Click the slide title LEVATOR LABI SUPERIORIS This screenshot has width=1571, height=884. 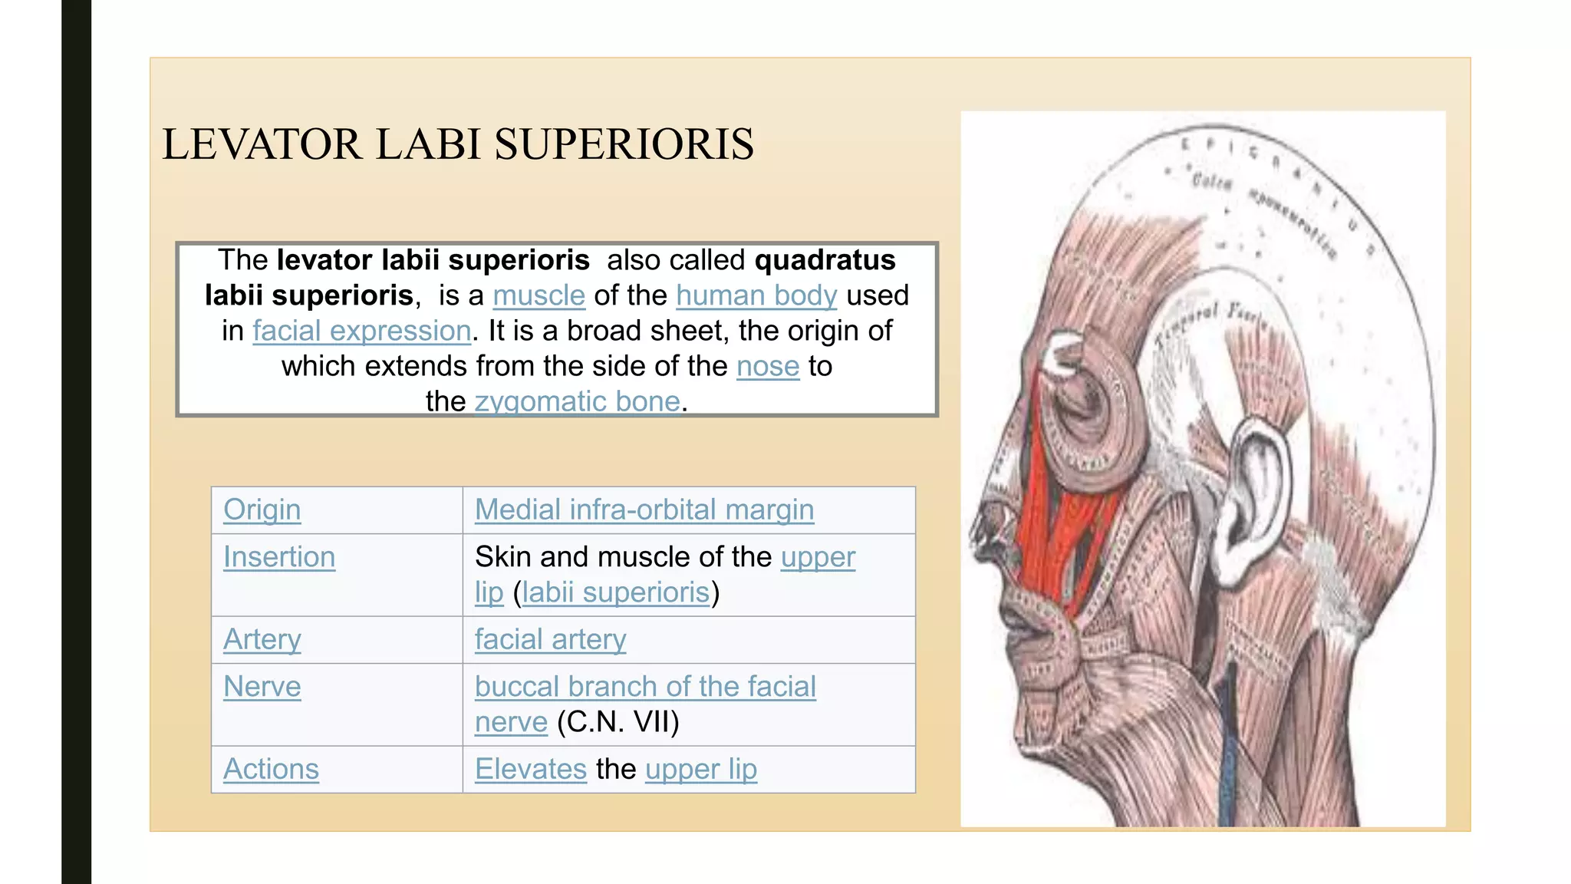(x=458, y=144)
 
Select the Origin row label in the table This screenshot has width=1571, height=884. (x=262, y=510)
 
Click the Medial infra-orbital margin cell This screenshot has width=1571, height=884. (x=644, y=510)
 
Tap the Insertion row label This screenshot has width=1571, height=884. (x=279, y=557)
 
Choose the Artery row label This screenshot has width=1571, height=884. (x=262, y=639)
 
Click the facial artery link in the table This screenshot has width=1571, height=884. (x=550, y=639)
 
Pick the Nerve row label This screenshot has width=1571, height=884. (x=262, y=687)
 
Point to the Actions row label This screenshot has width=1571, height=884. (x=271, y=769)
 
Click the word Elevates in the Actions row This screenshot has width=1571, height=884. (x=530, y=769)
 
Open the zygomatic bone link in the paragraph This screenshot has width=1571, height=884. (x=577, y=401)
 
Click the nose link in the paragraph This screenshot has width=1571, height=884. (x=767, y=366)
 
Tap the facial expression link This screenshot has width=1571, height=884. (x=361, y=331)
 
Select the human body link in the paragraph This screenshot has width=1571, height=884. (x=756, y=295)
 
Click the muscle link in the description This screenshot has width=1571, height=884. (x=538, y=295)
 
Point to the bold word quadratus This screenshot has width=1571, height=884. (x=825, y=260)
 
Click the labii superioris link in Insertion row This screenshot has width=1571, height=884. (x=616, y=592)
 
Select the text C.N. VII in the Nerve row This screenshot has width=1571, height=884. (x=618, y=722)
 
